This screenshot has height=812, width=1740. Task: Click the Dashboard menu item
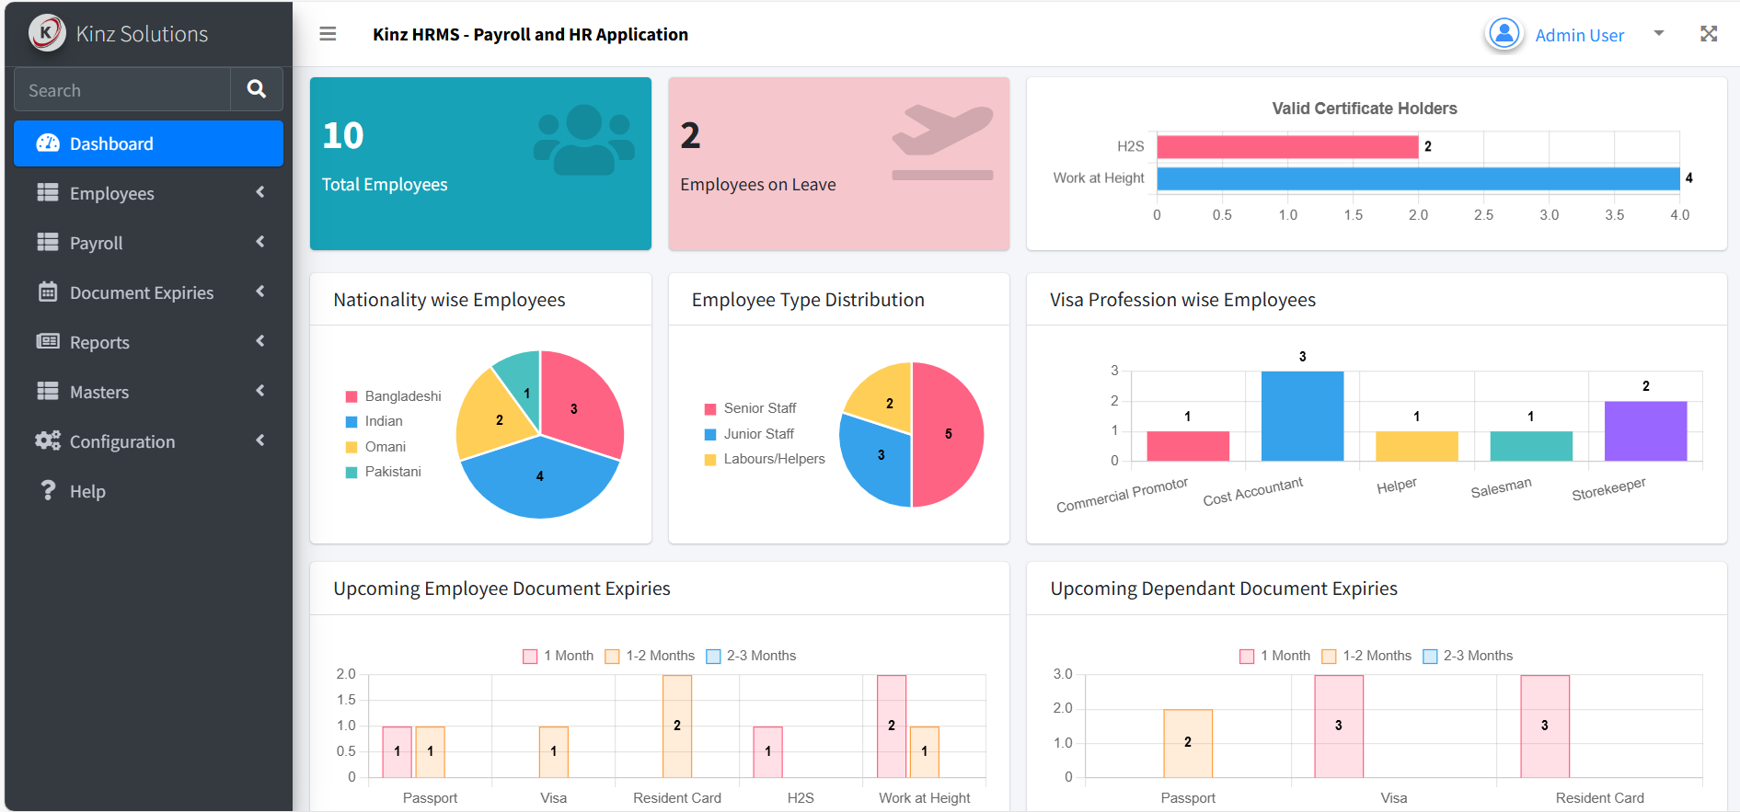[148, 143]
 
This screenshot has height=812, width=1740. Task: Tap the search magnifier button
[257, 89]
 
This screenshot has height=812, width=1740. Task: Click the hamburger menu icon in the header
[328, 34]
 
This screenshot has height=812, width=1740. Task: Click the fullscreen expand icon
[1709, 34]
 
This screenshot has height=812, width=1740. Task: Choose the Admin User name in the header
[1579, 35]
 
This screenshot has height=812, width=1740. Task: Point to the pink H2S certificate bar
[1287, 146]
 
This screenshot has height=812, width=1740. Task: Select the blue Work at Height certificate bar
[1418, 178]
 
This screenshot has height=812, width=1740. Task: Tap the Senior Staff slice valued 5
[948, 434]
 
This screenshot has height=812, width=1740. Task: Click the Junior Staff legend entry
[749, 434]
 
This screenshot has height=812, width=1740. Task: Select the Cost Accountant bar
[1302, 416]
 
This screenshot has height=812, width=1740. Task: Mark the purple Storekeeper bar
[1645, 430]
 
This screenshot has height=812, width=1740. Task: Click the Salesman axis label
[1501, 487]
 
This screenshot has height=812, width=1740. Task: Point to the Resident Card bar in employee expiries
[677, 726]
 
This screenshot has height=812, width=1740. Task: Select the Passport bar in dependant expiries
[1188, 743]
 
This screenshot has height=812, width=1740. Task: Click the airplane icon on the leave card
[943, 143]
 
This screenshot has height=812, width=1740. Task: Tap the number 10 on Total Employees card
[343, 135]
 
